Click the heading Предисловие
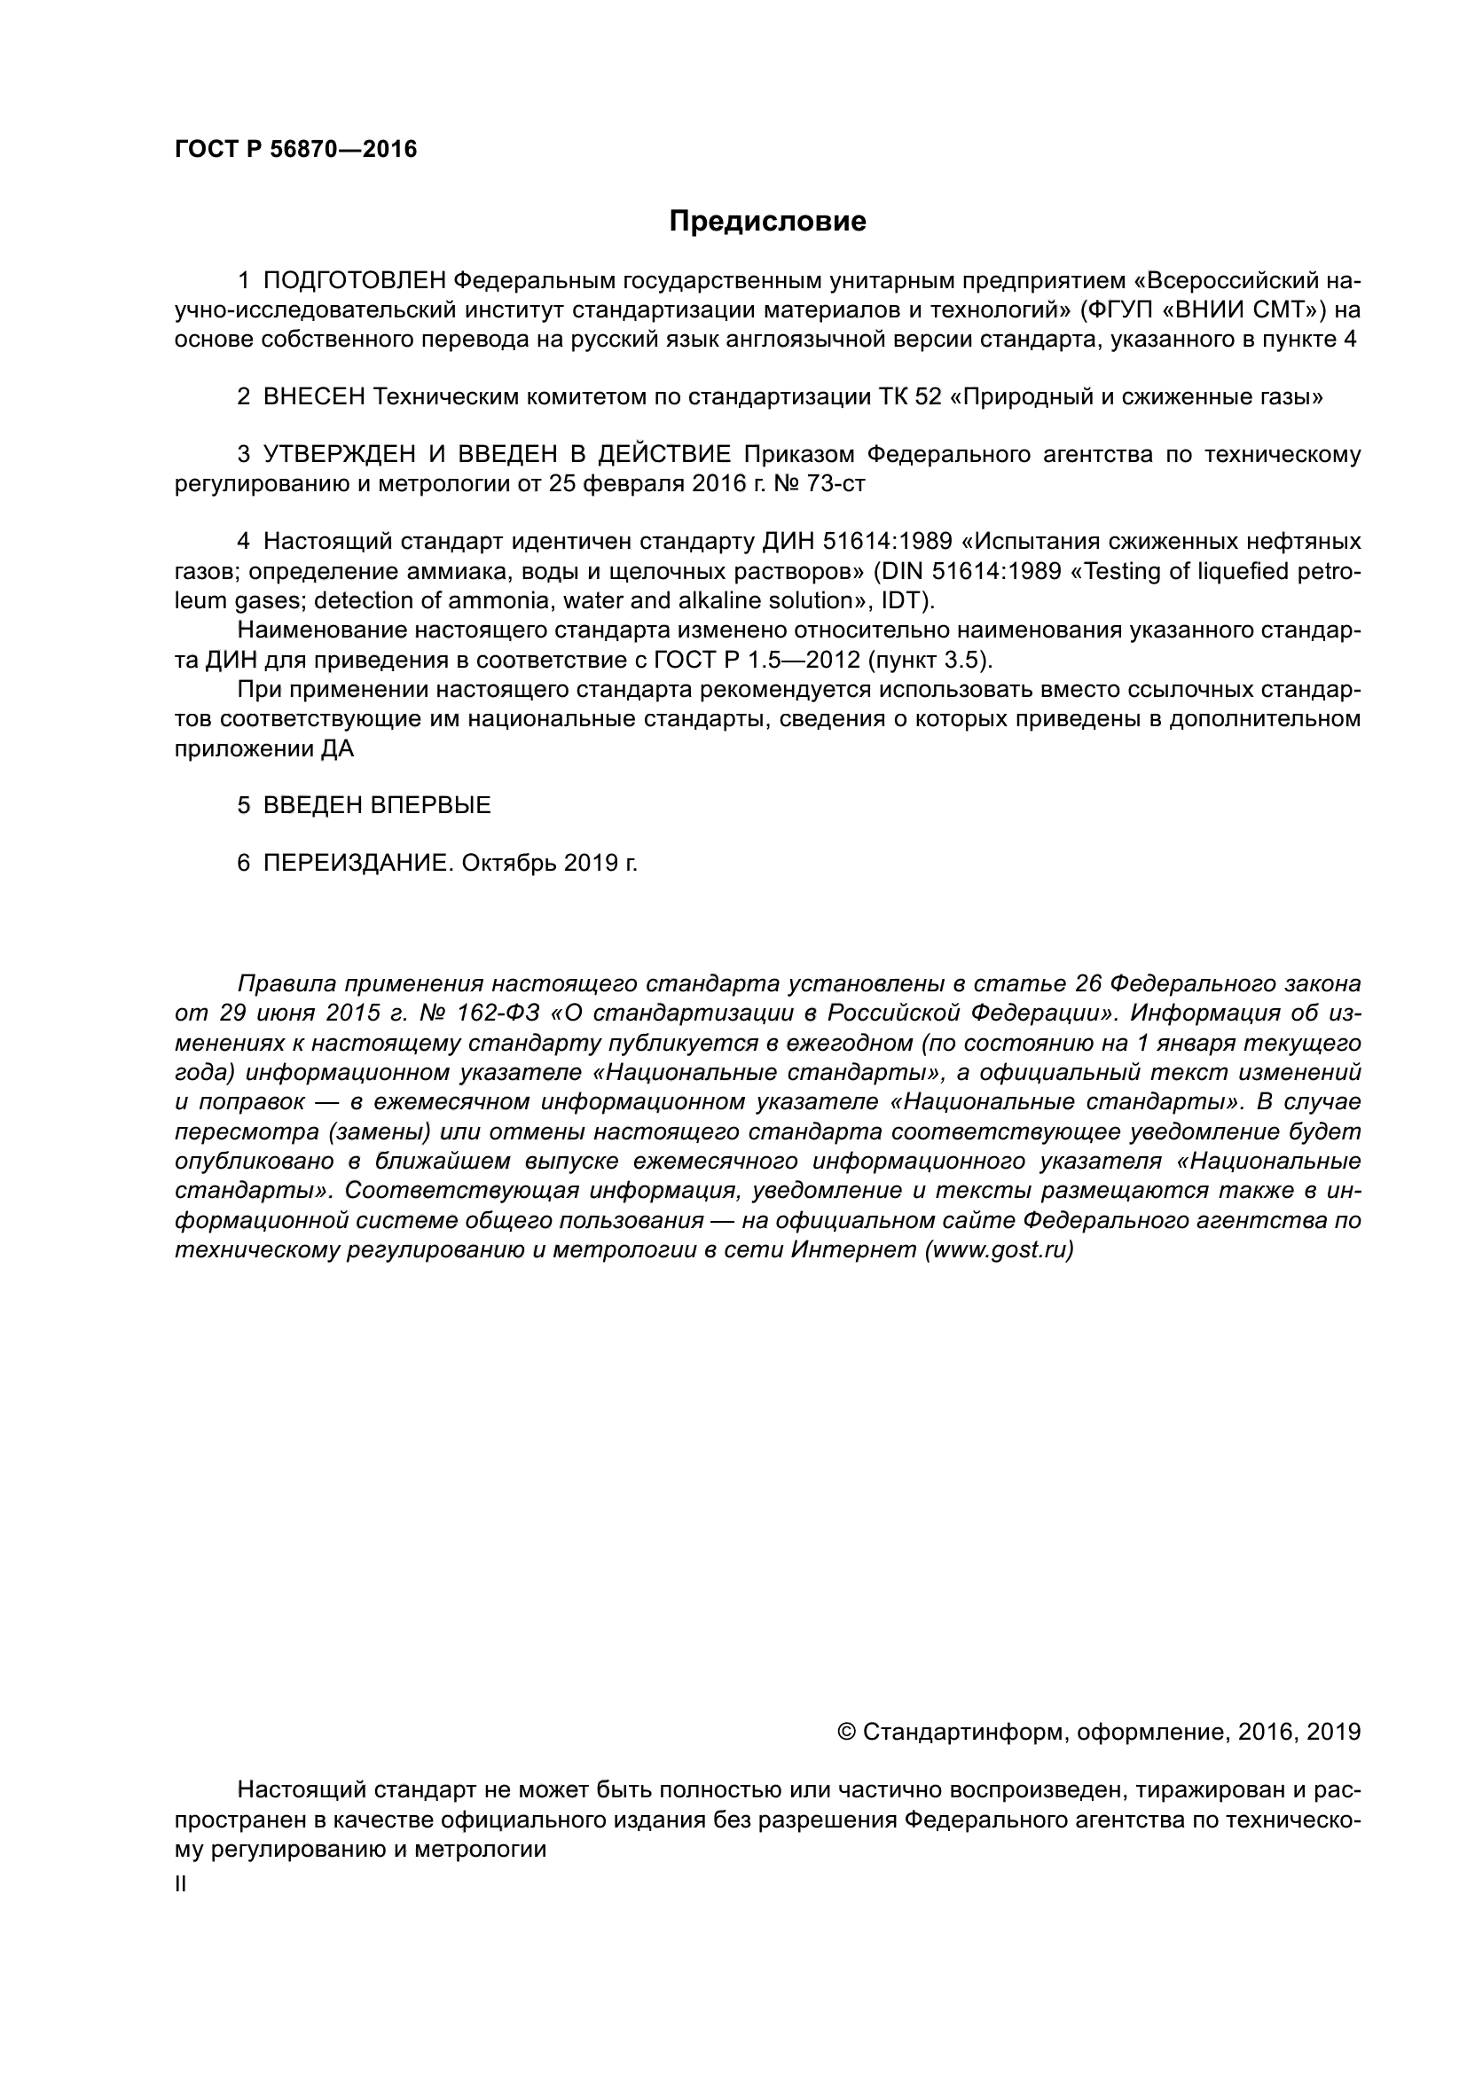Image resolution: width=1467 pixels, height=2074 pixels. click(767, 222)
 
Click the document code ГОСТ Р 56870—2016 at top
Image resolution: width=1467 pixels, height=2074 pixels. click(295, 150)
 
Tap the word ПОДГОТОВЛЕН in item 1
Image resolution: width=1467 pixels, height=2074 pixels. click(355, 280)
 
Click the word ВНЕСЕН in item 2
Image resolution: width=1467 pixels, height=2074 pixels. click(314, 396)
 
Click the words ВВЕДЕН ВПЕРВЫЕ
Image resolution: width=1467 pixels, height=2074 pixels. click(377, 805)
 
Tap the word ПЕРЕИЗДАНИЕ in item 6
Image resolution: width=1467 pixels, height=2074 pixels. click(357, 863)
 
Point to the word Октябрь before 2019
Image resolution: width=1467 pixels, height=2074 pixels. click(508, 863)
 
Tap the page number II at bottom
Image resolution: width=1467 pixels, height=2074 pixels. click(181, 1884)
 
